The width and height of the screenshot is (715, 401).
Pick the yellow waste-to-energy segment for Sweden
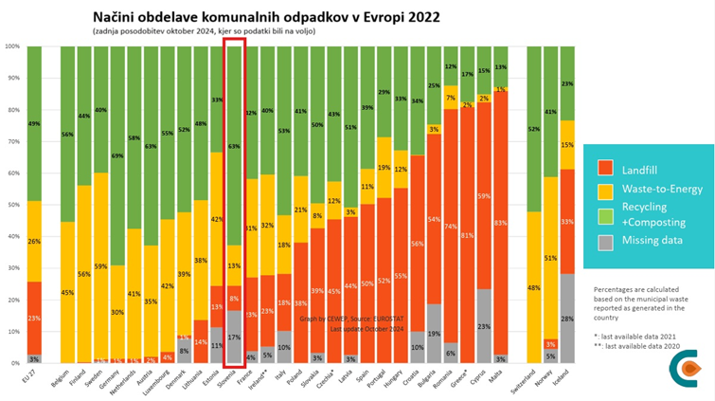[x=100, y=265]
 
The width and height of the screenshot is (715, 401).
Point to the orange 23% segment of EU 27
[x=34, y=318]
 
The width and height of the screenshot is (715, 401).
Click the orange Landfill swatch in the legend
[x=607, y=168]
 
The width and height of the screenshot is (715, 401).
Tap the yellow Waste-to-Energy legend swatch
[x=607, y=189]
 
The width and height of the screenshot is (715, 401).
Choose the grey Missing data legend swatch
[x=607, y=242]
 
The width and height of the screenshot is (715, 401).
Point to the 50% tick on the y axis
[x=12, y=204]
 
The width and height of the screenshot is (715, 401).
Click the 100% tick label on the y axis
[x=11, y=46]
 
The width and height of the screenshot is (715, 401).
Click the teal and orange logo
[x=683, y=368]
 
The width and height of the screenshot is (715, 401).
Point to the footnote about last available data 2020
[x=633, y=347]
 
